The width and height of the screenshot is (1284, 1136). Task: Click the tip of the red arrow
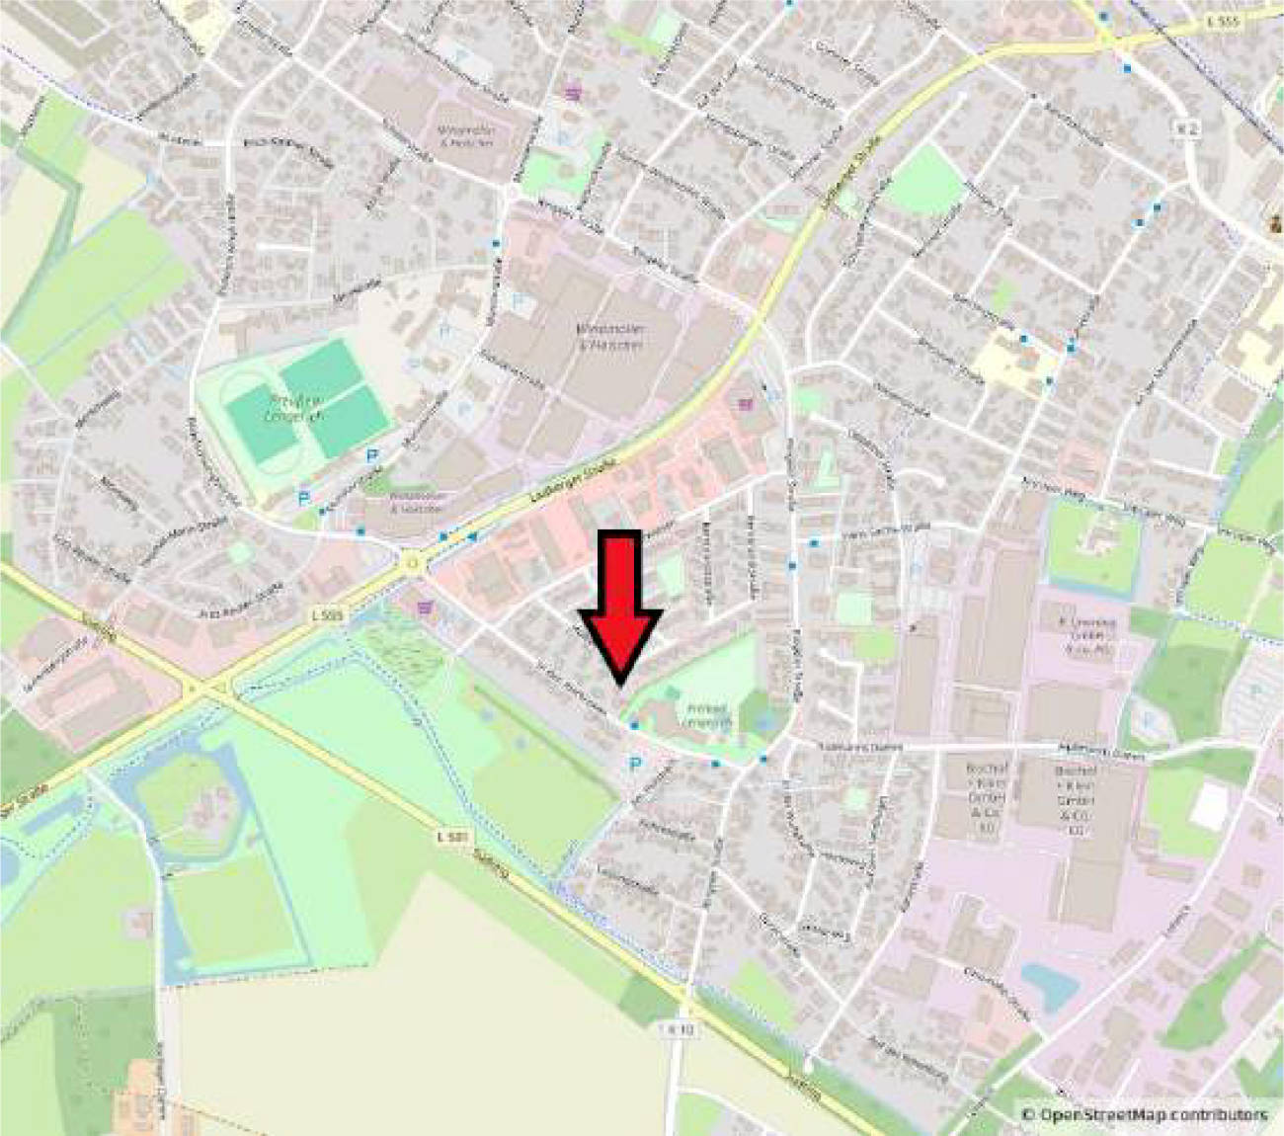tap(619, 681)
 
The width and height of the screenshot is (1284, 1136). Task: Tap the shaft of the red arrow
tap(620, 573)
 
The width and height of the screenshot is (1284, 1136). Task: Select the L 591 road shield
tap(450, 837)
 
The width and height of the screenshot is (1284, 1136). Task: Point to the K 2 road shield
tap(1186, 128)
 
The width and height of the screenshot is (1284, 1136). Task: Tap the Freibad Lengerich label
tap(705, 715)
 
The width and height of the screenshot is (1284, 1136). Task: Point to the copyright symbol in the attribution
tap(1027, 1115)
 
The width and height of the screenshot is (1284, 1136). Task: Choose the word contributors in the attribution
tap(1218, 1115)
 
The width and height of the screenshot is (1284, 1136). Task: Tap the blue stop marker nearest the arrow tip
tap(633, 726)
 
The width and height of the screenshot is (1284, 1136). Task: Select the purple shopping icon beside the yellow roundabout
tap(426, 608)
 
